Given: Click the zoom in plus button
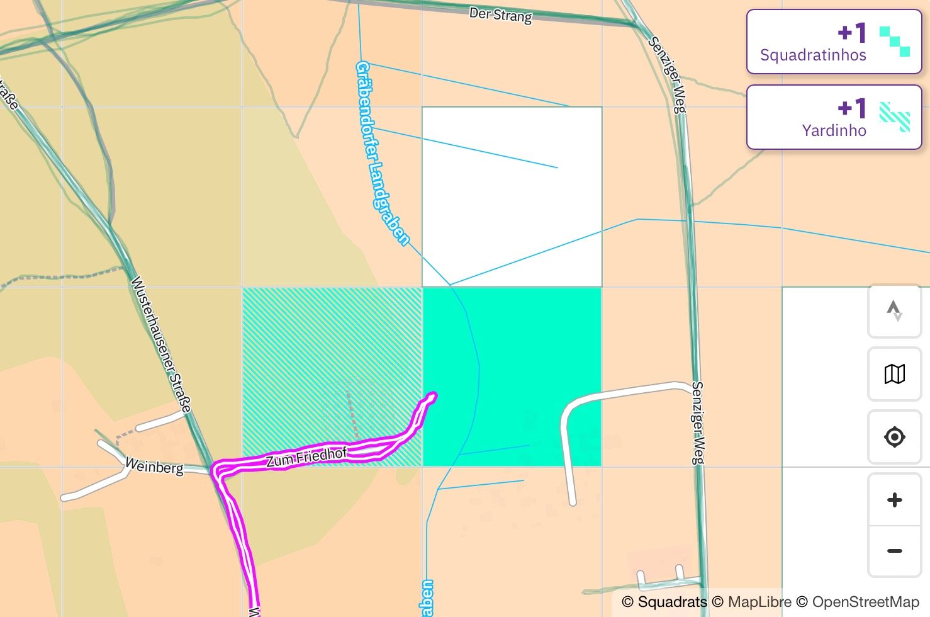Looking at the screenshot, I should (894, 500).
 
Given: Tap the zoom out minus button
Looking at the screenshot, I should (894, 551).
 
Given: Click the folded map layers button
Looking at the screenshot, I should (894, 374).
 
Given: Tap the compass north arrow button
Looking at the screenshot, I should (894, 310).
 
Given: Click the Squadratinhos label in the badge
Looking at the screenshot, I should (813, 55).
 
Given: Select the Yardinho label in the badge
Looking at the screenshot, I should (834, 130).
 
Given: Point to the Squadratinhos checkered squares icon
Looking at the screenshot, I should (895, 42).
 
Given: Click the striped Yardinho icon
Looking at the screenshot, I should (895, 117).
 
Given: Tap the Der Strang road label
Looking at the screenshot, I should (500, 14).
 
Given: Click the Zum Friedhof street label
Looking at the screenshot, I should (306, 457).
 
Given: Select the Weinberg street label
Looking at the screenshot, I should (154, 466).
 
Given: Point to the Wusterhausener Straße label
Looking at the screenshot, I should (160, 344).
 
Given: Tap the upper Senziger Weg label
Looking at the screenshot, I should (667, 74).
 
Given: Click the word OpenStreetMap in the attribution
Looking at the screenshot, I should (865, 602).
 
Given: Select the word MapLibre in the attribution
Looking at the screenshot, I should (759, 602).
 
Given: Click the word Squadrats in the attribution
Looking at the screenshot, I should (672, 602).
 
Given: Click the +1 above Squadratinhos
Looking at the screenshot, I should (852, 33).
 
